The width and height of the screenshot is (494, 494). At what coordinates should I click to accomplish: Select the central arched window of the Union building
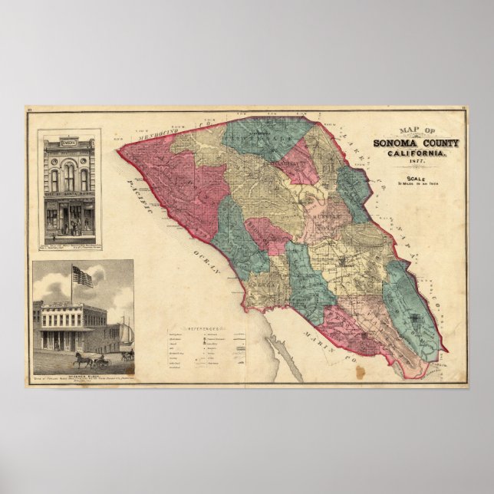[68, 178]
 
